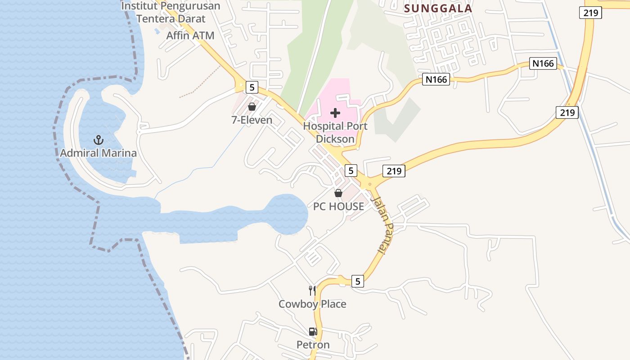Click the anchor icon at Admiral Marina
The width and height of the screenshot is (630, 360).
tap(98, 140)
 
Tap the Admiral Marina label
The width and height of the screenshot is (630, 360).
tap(98, 153)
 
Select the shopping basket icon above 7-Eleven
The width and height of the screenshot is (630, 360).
tap(252, 107)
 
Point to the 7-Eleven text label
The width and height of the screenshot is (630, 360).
tap(252, 120)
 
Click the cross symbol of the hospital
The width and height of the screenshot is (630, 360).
tap(335, 113)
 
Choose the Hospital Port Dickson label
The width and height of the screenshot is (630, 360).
tap(335, 132)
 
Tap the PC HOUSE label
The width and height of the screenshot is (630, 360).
tap(338, 207)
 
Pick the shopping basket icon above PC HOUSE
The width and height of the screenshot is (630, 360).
tap(338, 193)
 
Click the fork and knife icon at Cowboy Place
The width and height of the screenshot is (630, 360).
tap(312, 290)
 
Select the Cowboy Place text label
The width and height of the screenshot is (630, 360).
tap(312, 304)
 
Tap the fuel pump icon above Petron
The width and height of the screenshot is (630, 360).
tap(313, 332)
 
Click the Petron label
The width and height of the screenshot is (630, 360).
tap(313, 345)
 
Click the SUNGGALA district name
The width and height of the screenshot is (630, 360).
tap(438, 9)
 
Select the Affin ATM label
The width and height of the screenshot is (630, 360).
tap(190, 36)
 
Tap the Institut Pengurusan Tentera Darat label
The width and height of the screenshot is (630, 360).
tap(171, 13)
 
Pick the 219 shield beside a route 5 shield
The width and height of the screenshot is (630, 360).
tap(394, 171)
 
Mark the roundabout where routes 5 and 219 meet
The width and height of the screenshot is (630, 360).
tap(369, 184)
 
